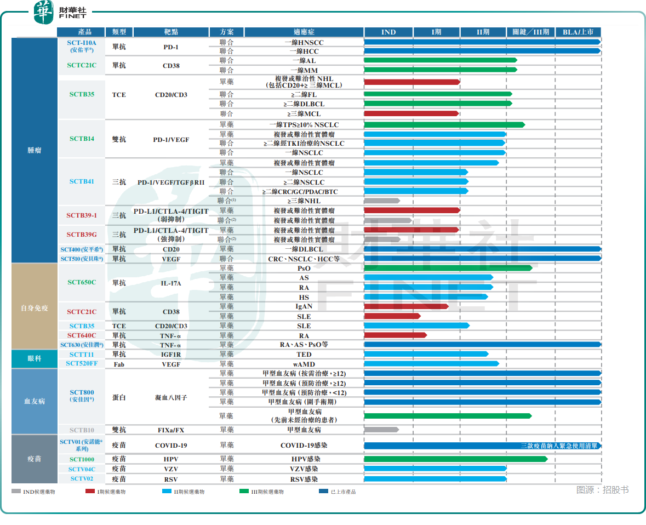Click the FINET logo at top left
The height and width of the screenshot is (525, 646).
click(x=60, y=13)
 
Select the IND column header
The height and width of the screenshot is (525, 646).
click(x=388, y=32)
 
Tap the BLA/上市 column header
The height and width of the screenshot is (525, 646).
click(x=578, y=32)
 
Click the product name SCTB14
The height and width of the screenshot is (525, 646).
click(x=82, y=139)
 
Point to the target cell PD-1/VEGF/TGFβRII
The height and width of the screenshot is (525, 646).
click(x=171, y=182)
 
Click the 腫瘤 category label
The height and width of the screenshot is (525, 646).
click(x=34, y=150)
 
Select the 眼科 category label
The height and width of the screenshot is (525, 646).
click(x=34, y=358)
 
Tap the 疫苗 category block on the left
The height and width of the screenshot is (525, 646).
click(x=34, y=459)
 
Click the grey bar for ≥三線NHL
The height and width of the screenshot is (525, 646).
click(x=382, y=201)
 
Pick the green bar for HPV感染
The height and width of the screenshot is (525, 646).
click(x=456, y=459)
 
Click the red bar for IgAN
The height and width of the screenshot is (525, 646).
click(x=406, y=306)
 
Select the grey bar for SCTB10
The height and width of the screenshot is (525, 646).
click(x=381, y=430)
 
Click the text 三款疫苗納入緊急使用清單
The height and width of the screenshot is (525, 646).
click(x=559, y=446)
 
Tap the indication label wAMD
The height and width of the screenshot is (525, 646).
click(x=304, y=364)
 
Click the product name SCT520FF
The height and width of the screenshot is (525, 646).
click(x=82, y=363)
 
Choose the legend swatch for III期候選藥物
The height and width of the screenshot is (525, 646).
click(x=244, y=491)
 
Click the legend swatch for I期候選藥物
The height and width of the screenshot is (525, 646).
click(x=90, y=491)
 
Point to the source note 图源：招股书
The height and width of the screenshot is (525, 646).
click(x=602, y=489)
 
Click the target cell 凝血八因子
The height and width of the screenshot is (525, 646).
click(x=171, y=398)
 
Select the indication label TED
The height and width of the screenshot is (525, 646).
click(x=304, y=355)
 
